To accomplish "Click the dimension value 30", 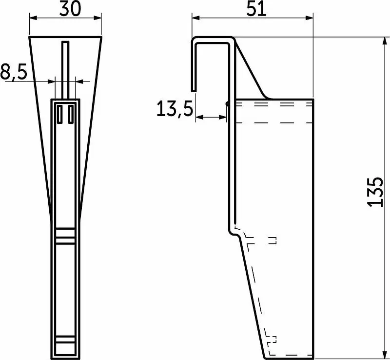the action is point(70,8).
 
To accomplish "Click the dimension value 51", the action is point(256,9).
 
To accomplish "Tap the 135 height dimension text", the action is point(375,192).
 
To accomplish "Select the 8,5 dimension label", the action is point(14,72).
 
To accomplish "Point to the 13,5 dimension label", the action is point(175,109).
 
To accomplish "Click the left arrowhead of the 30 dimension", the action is point(33,18).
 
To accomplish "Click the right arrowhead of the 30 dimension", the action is point(98,18).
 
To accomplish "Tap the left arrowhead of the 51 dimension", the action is point(196,18).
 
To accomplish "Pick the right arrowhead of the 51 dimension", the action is point(309,18).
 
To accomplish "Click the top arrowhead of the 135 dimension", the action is point(385,41).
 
